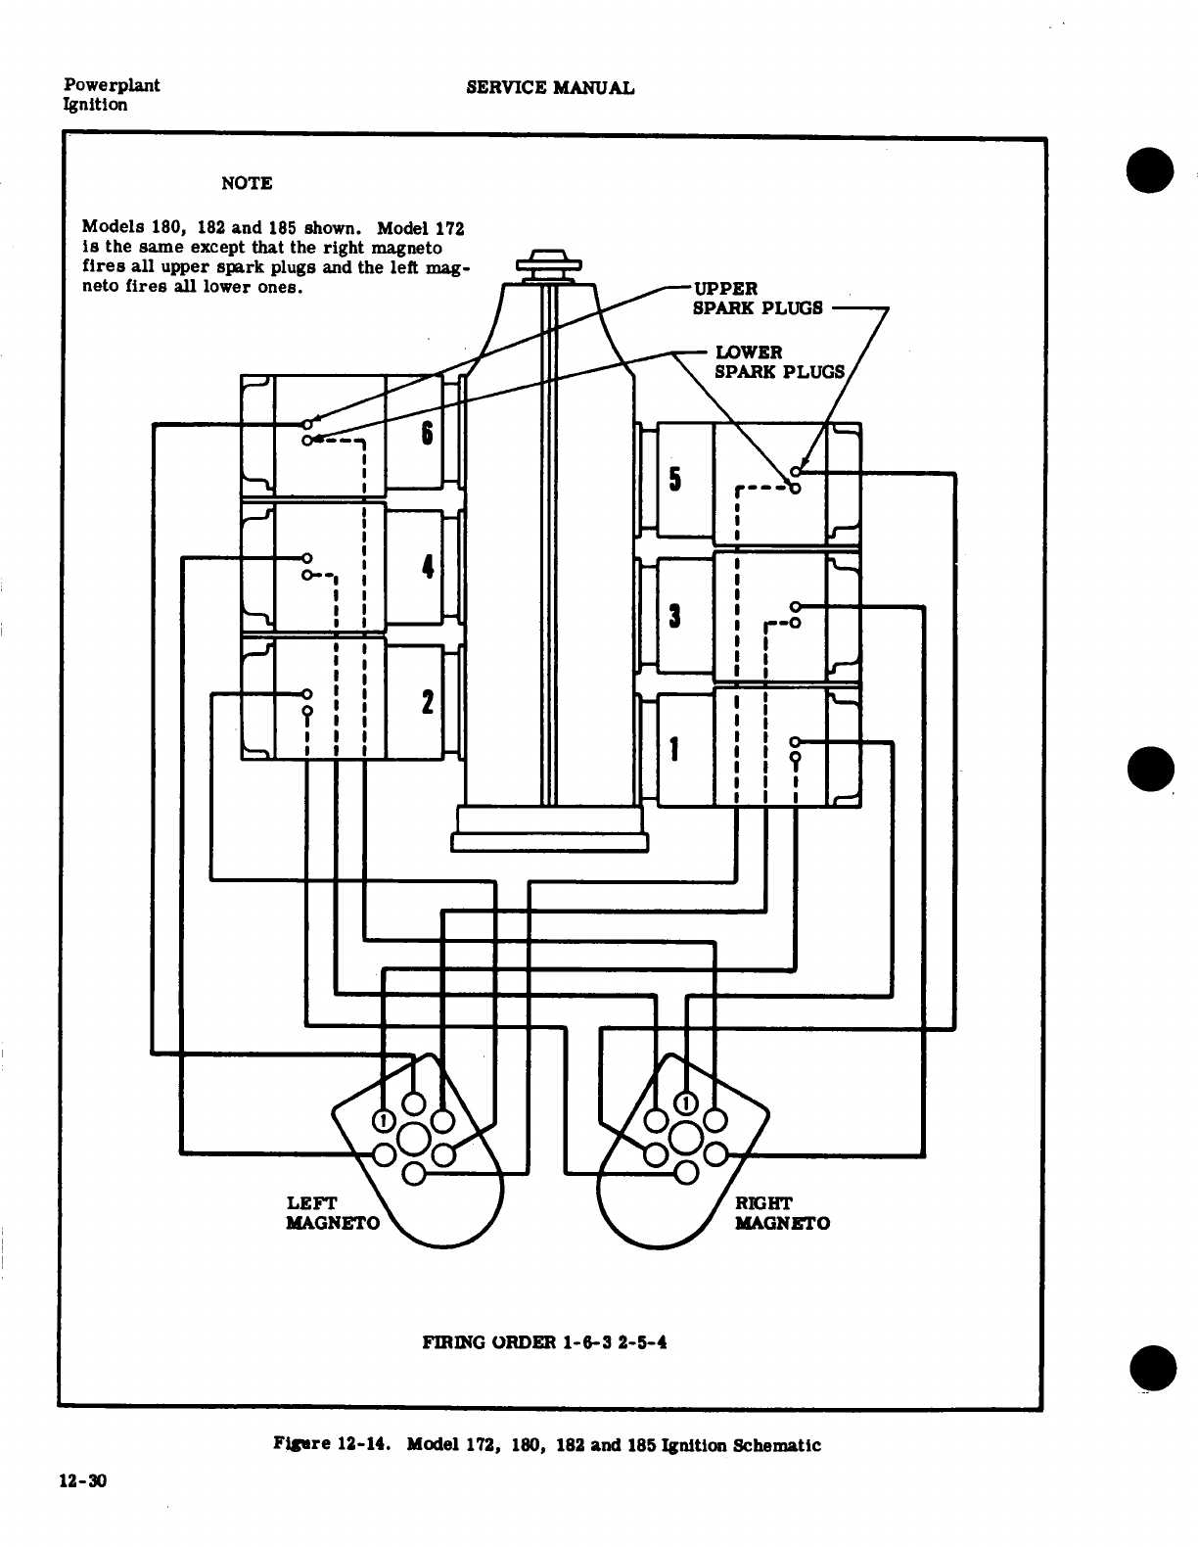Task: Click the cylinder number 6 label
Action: click(427, 432)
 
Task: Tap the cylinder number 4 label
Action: click(427, 567)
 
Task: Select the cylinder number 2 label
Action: click(427, 702)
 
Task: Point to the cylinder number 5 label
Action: click(674, 479)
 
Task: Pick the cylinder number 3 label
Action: click(674, 616)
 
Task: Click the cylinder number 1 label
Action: click(674, 749)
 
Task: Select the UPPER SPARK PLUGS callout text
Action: click(758, 298)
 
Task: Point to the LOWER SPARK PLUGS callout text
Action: click(779, 361)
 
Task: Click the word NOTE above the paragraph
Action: click(247, 183)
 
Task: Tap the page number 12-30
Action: click(81, 1481)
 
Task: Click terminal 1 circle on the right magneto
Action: click(686, 1104)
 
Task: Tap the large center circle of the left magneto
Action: click(413, 1139)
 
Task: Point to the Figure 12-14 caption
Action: click(545, 1444)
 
